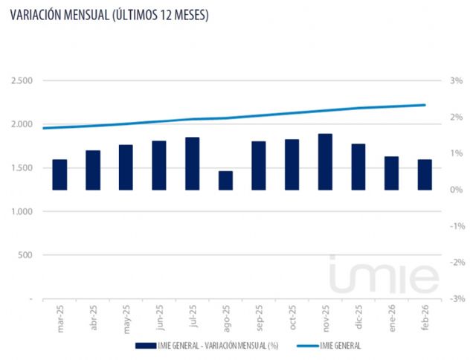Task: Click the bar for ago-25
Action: pyautogui.click(x=225, y=181)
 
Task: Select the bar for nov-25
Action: pyautogui.click(x=325, y=162)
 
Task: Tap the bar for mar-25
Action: pyautogui.click(x=59, y=175)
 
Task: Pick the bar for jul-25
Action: pyautogui.click(x=192, y=164)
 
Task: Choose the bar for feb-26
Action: pyautogui.click(x=425, y=175)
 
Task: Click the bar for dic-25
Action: pyautogui.click(x=358, y=167)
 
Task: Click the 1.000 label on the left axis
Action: pyautogui.click(x=22, y=212)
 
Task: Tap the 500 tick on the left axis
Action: pyautogui.click(x=26, y=255)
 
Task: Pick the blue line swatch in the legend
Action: pyautogui.click(x=301, y=346)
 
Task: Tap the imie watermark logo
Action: pyautogui.click(x=384, y=276)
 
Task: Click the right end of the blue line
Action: pyautogui.click(x=425, y=105)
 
